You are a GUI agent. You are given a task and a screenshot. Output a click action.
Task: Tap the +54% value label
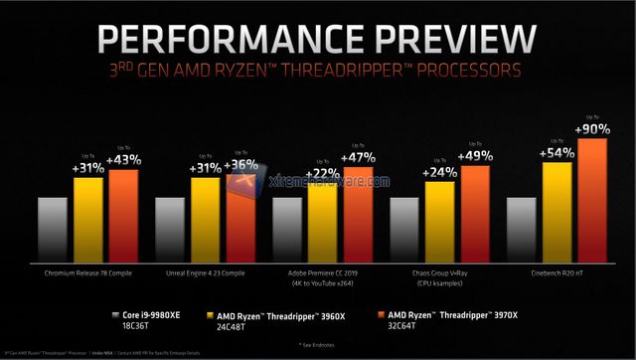point(557,153)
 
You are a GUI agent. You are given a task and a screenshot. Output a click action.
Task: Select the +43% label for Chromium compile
point(124,160)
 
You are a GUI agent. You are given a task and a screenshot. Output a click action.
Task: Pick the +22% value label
point(324,174)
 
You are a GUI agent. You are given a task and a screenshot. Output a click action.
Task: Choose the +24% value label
point(440,172)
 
